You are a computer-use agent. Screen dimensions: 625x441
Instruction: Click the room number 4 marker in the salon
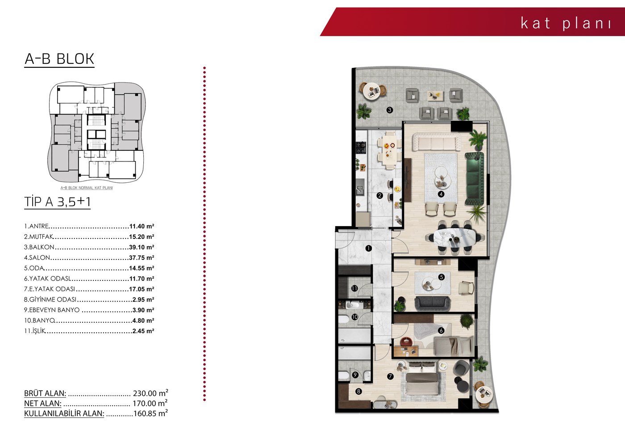(x=441, y=194)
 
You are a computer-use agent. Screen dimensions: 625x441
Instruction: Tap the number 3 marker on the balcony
(x=389, y=110)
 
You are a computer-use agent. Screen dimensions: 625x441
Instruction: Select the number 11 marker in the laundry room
(x=354, y=288)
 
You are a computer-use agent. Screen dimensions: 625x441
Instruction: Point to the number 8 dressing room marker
(x=358, y=392)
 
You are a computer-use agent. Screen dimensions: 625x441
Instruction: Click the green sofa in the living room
(x=474, y=179)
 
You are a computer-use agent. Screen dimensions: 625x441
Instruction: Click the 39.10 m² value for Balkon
(x=142, y=247)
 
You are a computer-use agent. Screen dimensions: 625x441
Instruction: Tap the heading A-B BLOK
(x=59, y=59)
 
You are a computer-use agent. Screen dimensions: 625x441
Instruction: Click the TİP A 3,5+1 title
(x=58, y=202)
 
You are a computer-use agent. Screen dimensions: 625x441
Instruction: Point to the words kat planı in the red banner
(x=566, y=23)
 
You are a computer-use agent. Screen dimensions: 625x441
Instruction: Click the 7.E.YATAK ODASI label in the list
(x=50, y=289)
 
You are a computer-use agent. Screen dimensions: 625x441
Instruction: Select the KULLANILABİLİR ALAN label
(x=64, y=413)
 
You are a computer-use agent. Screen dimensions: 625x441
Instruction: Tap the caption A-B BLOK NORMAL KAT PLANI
(x=87, y=188)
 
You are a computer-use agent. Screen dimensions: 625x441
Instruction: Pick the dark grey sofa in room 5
(x=432, y=304)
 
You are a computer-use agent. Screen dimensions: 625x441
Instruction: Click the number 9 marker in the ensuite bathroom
(x=355, y=375)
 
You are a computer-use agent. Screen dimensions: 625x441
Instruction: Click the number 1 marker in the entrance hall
(x=369, y=248)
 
